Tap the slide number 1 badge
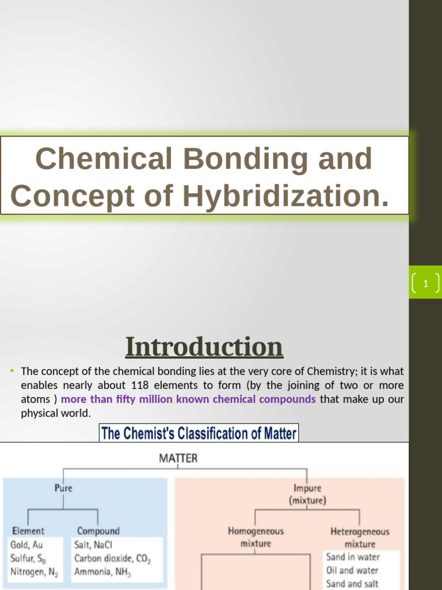(425, 283)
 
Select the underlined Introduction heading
(204, 347)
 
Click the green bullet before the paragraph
(12, 370)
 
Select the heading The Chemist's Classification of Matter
(199, 433)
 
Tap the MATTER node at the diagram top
(178, 459)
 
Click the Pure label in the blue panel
(63, 488)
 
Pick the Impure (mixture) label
(307, 494)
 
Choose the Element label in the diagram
(28, 531)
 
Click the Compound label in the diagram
(98, 531)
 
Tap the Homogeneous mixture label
(256, 537)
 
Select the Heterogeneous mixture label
(360, 537)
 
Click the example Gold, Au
(27, 544)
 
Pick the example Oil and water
(352, 570)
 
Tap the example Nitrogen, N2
(34, 572)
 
